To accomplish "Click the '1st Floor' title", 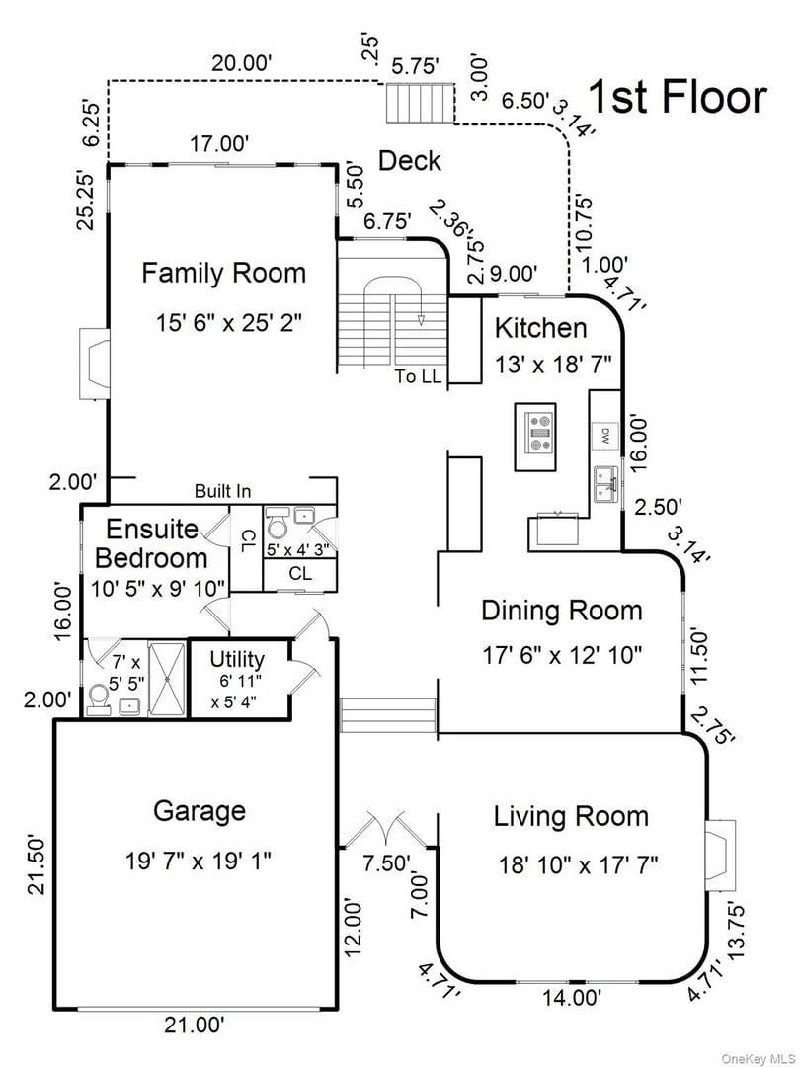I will pos(677,98).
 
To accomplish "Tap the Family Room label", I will pos(223,273).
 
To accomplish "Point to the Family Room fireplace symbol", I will pos(95,364).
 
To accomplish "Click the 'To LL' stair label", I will pos(419,376).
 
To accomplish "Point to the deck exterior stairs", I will pos(419,104).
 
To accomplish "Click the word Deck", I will pos(410,160).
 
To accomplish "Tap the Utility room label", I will pos(237,659).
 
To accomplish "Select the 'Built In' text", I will pos(222,491).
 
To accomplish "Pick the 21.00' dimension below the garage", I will pos(195,1026).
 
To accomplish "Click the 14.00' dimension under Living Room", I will pos(572,998).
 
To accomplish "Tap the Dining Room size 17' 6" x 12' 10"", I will pos(561,653).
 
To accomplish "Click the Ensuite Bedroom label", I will pos(153,543).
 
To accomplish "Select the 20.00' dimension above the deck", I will pos(242,63).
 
